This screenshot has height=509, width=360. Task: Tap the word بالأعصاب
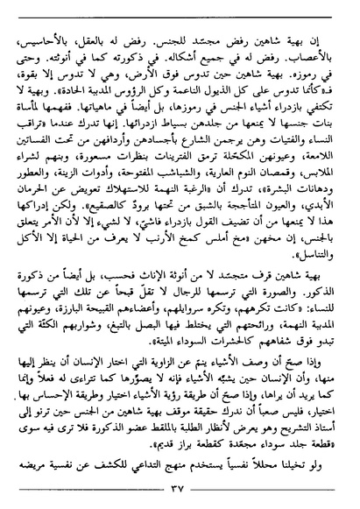pyautogui.click(x=309, y=60)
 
